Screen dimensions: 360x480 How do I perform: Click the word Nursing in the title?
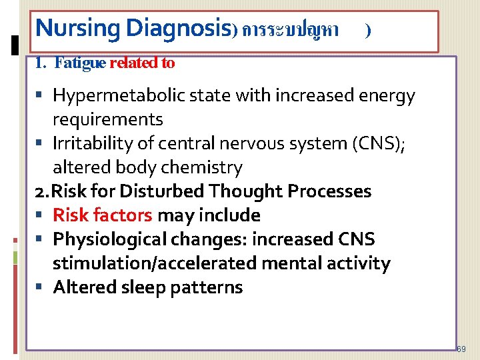78,28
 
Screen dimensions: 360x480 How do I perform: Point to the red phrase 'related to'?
142,63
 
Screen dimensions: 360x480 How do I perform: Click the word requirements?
108,120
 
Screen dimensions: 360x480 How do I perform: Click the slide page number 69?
462,349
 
